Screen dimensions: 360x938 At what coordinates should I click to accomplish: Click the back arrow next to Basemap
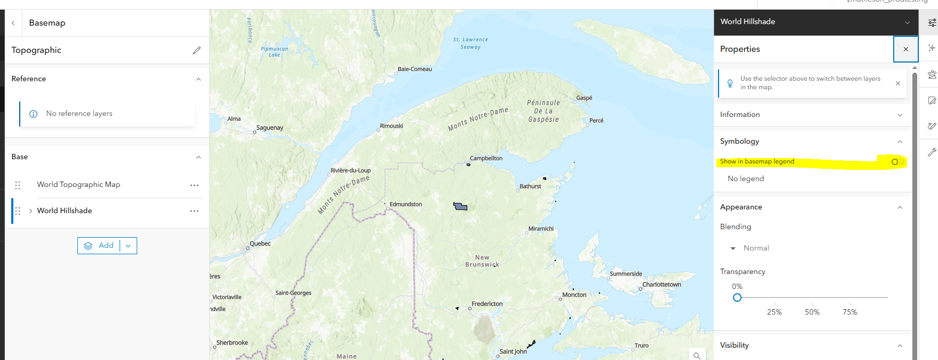coord(13,23)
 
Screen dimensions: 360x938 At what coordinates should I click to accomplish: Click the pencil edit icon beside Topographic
coord(196,50)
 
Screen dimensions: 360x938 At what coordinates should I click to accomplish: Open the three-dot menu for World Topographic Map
coord(194,185)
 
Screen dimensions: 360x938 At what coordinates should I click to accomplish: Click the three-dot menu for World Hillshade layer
coord(194,211)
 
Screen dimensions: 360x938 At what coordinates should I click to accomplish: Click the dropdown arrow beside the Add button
coord(128,246)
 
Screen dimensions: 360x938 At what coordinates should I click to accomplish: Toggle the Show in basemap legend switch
coord(897,162)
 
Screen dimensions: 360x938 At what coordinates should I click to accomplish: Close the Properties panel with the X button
coord(905,49)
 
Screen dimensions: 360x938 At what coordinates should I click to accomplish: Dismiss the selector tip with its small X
coord(898,83)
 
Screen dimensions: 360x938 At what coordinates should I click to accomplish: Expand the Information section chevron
coord(900,115)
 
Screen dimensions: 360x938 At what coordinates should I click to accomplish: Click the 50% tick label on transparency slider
coord(812,312)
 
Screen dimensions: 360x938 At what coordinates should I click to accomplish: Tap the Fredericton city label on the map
coord(487,304)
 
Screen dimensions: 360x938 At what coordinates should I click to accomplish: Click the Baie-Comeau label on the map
coord(415,69)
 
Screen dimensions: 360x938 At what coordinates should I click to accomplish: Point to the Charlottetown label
coord(661,285)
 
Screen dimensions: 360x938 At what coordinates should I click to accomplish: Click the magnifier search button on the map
coord(697,355)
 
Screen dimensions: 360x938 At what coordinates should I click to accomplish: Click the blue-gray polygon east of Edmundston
coord(460,207)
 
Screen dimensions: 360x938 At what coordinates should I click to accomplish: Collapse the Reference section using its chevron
coord(199,79)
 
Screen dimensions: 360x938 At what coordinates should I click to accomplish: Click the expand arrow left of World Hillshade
coord(30,211)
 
